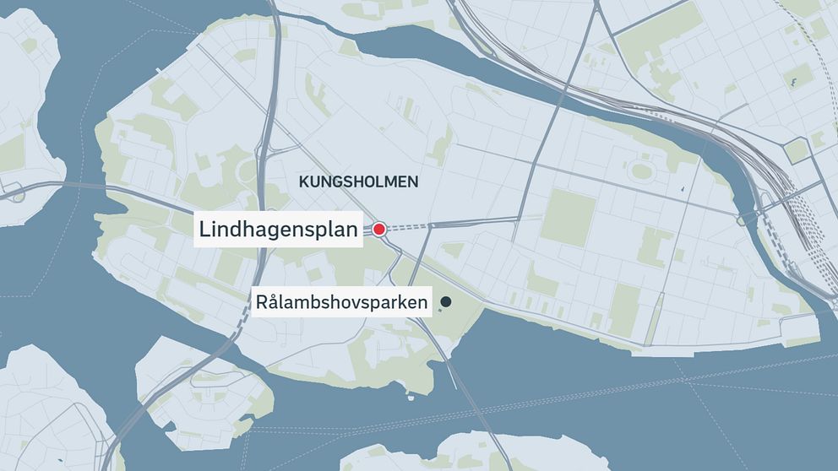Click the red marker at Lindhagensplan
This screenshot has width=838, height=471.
tap(379, 229)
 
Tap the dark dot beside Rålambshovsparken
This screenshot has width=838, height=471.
tap(445, 301)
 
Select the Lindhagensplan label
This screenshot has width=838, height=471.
tap(279, 229)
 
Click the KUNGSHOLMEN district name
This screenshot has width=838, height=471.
tap(359, 181)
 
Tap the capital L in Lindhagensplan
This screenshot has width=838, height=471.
tap(204, 229)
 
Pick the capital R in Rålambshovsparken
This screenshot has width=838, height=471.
tap(263, 301)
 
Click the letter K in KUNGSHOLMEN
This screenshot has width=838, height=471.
tap(303, 181)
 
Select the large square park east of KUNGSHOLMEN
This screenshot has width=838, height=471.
tap(569, 217)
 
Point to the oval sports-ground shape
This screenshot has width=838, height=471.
tap(641, 171)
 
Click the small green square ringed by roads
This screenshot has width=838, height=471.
tap(796, 151)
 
